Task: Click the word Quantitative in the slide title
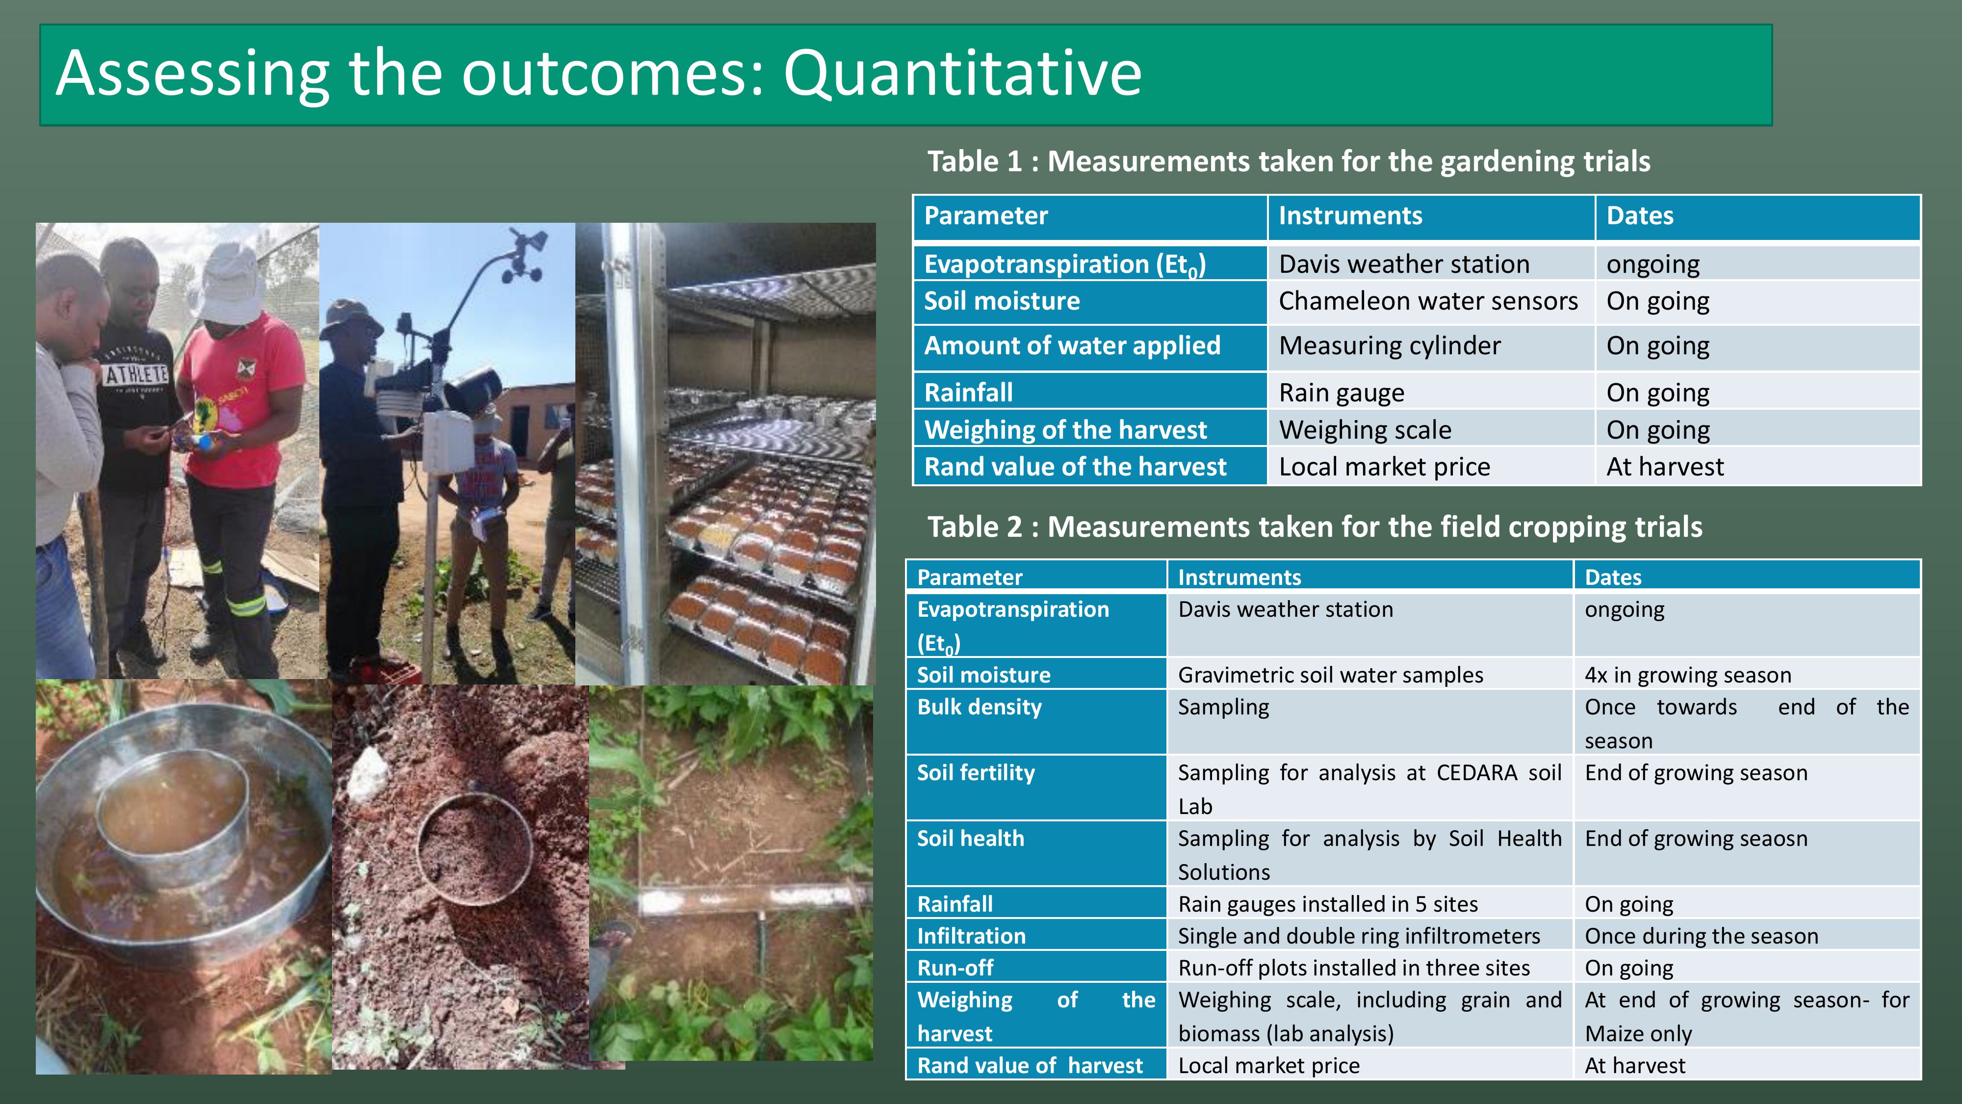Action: click(x=963, y=74)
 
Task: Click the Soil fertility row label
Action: click(x=976, y=773)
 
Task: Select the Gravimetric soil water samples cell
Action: click(x=1331, y=675)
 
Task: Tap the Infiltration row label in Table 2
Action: click(x=971, y=936)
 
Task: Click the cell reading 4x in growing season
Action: click(x=1688, y=675)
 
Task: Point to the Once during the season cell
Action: click(x=1702, y=936)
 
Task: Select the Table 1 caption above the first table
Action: click(x=1289, y=161)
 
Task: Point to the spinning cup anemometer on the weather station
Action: click(x=520, y=255)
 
